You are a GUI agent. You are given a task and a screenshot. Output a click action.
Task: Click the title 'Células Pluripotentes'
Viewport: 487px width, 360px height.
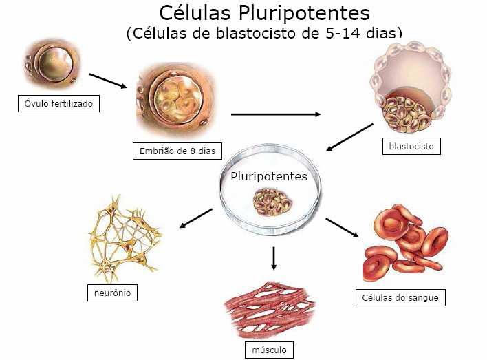[264, 13]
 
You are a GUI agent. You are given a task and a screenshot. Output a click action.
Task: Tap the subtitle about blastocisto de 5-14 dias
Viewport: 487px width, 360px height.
[264, 33]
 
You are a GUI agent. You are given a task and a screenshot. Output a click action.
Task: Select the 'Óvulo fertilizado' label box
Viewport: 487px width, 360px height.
[58, 105]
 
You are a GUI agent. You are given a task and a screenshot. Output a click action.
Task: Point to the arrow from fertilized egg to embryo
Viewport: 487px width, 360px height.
[108, 81]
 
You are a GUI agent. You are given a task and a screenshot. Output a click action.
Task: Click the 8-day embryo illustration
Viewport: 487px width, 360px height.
[175, 101]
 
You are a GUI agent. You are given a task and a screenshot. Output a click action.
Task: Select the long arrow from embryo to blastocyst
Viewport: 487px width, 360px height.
[276, 114]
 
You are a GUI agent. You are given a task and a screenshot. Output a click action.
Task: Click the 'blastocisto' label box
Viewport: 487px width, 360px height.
[410, 146]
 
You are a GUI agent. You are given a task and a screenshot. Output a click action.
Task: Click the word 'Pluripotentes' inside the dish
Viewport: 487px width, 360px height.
[269, 176]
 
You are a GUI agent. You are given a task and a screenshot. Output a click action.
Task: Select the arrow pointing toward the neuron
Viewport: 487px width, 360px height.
[195, 218]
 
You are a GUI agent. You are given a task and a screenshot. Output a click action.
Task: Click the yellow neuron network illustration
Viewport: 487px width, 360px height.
[125, 236]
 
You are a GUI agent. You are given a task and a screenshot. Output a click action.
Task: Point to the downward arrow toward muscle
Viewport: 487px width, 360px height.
[274, 257]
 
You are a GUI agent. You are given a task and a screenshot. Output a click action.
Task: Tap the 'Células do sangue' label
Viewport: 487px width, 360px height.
[400, 298]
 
